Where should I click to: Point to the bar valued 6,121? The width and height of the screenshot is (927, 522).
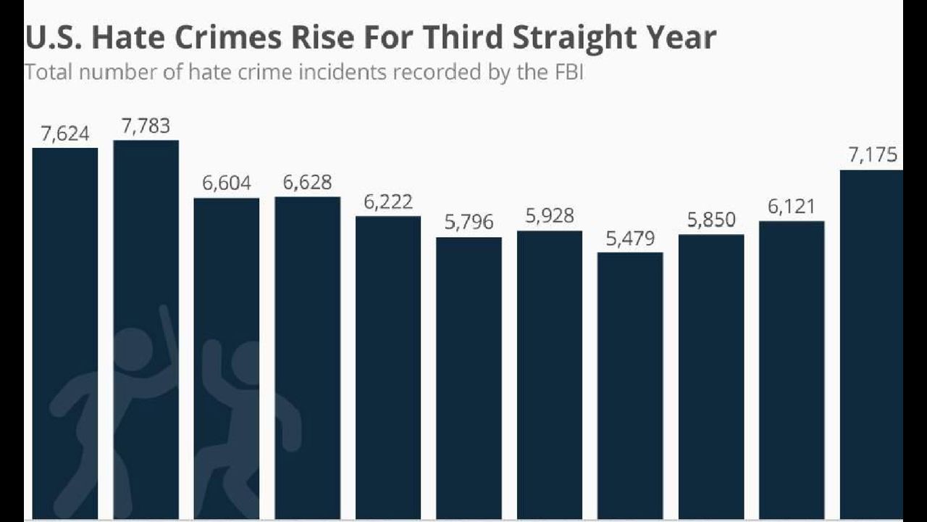coord(792,370)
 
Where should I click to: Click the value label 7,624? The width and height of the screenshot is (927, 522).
coord(65,133)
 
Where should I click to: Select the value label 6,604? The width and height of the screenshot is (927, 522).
coord(227,183)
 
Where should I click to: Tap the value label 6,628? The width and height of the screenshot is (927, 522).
coord(307,183)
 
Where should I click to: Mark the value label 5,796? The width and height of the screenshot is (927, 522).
coord(469,223)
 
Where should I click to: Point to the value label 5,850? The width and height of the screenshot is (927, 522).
coord(711,220)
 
